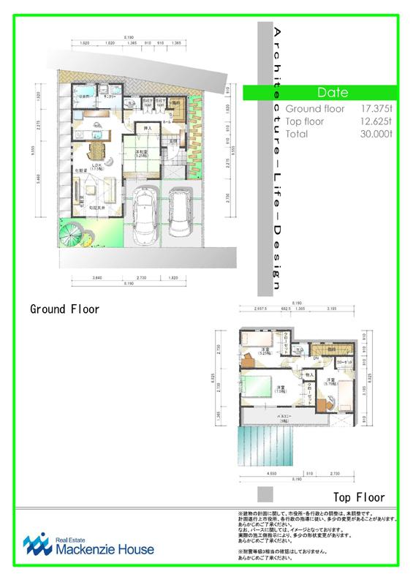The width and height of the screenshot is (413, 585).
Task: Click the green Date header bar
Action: point(333,93)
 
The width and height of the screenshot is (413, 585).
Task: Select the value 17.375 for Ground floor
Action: point(376,108)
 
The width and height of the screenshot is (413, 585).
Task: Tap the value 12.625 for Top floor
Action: point(376,121)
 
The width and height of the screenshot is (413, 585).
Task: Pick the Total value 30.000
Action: point(376,135)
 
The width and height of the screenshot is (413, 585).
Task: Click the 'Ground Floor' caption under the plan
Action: point(64,309)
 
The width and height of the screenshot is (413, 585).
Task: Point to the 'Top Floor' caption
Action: point(354,497)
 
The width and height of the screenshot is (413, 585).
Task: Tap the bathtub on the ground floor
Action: point(83,94)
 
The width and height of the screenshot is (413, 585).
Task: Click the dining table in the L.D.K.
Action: point(97,152)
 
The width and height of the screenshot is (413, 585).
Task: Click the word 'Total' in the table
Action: point(297,135)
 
